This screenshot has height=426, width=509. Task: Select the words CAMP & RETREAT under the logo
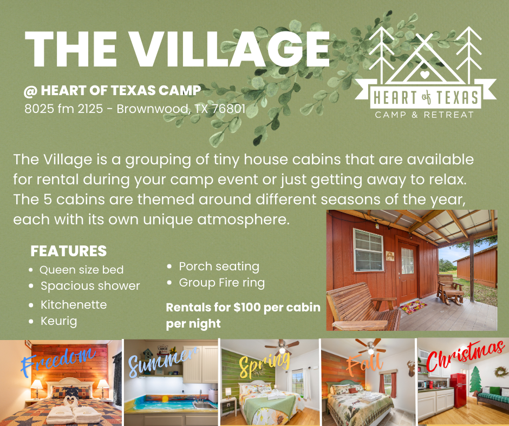tap(425, 115)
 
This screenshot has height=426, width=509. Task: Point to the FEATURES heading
tap(68, 251)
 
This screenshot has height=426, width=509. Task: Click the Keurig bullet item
tap(59, 321)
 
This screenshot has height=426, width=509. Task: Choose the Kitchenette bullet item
tap(74, 304)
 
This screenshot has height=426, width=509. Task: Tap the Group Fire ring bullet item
tap(221, 283)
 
